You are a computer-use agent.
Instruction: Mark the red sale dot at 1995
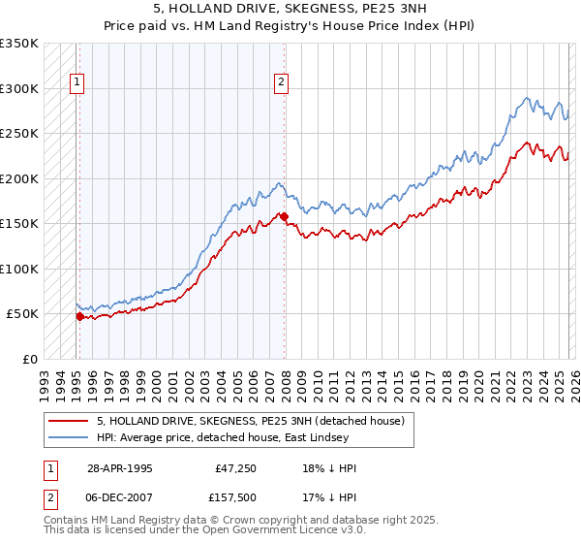(x=79, y=316)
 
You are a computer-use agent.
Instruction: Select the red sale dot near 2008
(x=284, y=217)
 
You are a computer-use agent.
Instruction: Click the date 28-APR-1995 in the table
(x=119, y=468)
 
